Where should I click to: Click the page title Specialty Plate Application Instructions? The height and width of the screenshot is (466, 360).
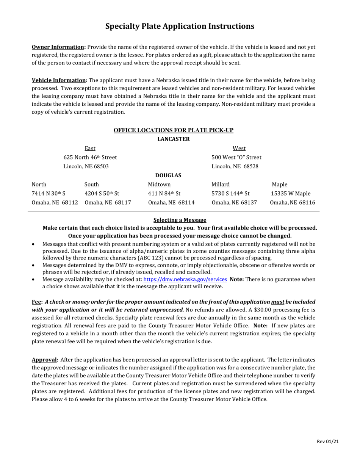coord(180,26)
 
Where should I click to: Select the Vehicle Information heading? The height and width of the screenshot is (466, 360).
coord(59,80)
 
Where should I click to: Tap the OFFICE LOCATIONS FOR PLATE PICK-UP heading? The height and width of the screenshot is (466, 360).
coord(174,130)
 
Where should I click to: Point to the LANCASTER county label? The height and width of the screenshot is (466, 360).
coord(174,139)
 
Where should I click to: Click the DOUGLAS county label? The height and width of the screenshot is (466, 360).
coord(168,175)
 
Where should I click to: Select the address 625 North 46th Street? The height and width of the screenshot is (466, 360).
coord(90,157)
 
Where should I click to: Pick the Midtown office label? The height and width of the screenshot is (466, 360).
coord(159,185)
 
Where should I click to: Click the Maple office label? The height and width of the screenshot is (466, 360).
coord(280,185)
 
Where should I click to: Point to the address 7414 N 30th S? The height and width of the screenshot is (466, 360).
coord(49,194)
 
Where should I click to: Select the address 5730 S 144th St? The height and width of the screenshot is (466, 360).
coord(230,194)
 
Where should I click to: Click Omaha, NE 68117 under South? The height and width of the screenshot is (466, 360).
coord(108,203)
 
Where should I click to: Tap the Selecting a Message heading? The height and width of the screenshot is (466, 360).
coord(180,220)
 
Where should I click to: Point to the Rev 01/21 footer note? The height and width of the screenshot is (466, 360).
coord(327,442)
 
